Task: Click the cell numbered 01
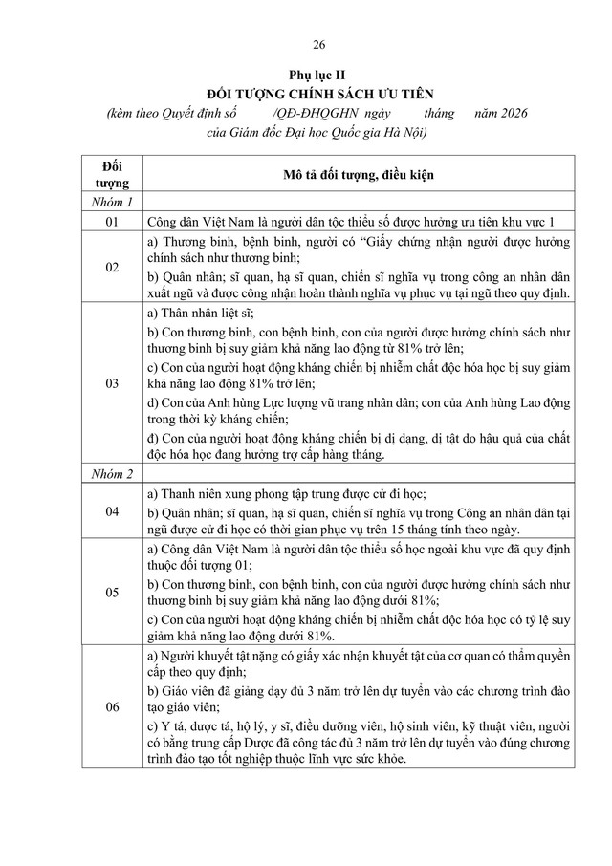point(113,222)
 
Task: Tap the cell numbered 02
point(113,268)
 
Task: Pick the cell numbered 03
point(113,383)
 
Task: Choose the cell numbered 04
point(113,512)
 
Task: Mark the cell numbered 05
point(113,592)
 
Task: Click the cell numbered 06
point(113,706)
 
